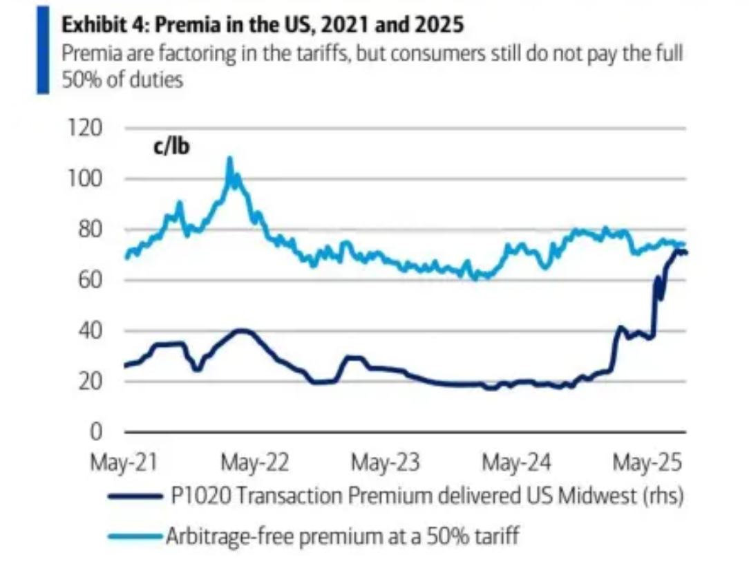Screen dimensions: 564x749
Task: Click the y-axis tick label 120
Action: [x=102, y=129]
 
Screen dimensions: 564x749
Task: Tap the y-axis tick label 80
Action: [x=104, y=230]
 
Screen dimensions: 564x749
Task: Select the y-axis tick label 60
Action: [x=104, y=281]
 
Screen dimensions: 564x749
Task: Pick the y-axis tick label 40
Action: [x=104, y=331]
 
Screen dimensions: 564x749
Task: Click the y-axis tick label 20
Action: [x=104, y=382]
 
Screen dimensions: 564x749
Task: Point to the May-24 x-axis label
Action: [x=516, y=462]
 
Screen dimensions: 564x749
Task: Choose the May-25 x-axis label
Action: [x=646, y=462]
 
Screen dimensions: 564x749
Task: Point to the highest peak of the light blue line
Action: [x=230, y=159]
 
